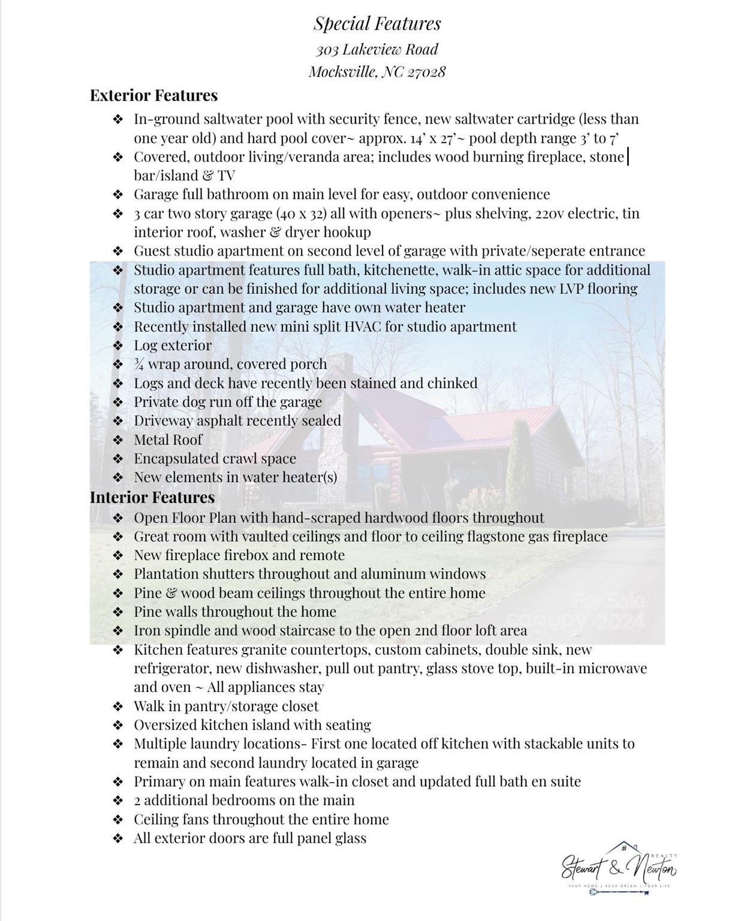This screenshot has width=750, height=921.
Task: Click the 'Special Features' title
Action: pyautogui.click(x=377, y=23)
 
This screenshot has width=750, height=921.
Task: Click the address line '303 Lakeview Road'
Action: pyautogui.click(x=377, y=49)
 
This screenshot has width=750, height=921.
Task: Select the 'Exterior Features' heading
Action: pyautogui.click(x=153, y=95)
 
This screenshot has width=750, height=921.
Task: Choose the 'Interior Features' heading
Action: pyautogui.click(x=152, y=497)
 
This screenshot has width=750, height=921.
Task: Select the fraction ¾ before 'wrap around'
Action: pyautogui.click(x=138, y=364)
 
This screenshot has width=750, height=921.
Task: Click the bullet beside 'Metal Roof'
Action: pyautogui.click(x=118, y=440)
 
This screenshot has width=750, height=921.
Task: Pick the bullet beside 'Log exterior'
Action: pyautogui.click(x=118, y=346)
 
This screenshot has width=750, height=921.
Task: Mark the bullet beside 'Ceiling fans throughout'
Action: pyautogui.click(x=118, y=820)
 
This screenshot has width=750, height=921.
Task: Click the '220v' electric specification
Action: pyautogui.click(x=547, y=213)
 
